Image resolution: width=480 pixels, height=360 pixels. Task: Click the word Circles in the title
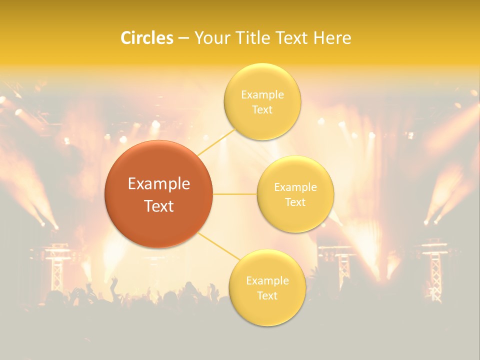point(146,38)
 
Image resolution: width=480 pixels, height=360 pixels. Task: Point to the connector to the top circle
point(217,141)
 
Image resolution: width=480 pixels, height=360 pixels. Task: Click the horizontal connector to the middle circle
point(234,194)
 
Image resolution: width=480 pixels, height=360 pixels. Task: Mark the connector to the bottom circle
point(219,246)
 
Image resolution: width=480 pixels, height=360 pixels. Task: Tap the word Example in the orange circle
point(158,184)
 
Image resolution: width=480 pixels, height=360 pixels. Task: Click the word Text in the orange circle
point(158,206)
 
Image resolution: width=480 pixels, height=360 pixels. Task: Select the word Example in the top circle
point(262,95)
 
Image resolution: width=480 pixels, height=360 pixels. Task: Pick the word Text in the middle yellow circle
point(295,202)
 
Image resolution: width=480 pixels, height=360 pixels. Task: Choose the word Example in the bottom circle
point(267,281)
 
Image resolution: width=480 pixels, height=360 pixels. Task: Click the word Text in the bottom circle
point(267,296)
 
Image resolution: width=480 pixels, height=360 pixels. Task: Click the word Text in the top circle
point(262,110)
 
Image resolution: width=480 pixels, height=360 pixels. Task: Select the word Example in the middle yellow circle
point(295,187)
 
